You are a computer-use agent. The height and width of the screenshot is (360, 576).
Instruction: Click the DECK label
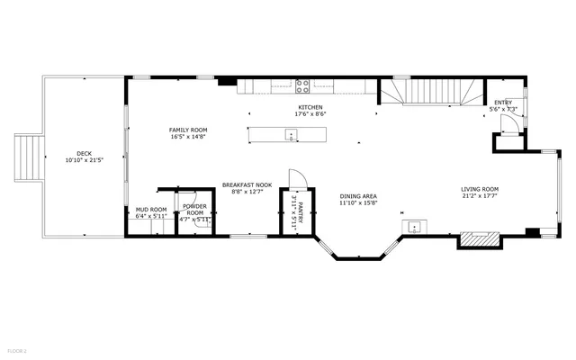click(x=84, y=153)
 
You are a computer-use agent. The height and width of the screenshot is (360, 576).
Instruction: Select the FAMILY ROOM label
click(x=188, y=130)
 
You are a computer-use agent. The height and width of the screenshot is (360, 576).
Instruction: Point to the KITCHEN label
click(x=310, y=107)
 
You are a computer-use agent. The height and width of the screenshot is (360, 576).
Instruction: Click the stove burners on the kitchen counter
click(x=302, y=87)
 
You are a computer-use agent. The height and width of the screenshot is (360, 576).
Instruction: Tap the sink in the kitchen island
click(x=291, y=135)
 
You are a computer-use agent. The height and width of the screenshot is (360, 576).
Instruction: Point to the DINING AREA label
click(x=357, y=196)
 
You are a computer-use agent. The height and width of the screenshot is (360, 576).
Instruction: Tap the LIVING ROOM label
click(x=480, y=189)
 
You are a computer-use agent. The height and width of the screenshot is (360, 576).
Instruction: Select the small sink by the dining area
click(x=414, y=226)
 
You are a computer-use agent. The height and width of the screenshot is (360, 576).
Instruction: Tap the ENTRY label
click(x=501, y=103)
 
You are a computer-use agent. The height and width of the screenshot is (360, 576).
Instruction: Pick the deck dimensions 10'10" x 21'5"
click(x=84, y=160)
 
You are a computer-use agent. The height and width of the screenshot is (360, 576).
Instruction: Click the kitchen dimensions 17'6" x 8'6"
click(x=310, y=114)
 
